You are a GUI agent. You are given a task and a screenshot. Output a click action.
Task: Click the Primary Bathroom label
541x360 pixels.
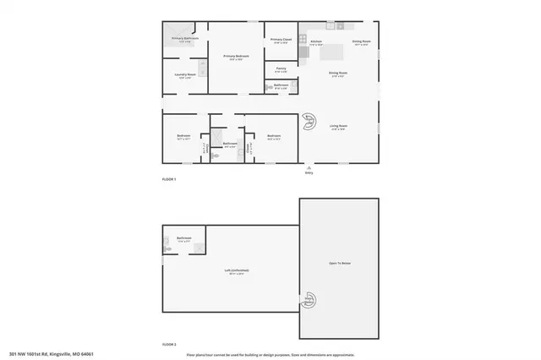pyautogui.click(x=184, y=39)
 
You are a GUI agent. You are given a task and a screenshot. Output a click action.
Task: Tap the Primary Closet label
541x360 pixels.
pyautogui.click(x=281, y=40)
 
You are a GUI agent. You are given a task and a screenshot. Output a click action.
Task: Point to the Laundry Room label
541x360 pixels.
pyautogui.click(x=185, y=75)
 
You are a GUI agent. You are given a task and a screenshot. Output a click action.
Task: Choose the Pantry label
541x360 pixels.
pyautogui.click(x=281, y=69)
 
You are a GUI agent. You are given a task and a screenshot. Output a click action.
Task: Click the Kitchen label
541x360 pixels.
pyautogui.click(x=316, y=41)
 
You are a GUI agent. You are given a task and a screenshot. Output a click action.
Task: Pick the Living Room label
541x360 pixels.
pyautogui.click(x=339, y=126)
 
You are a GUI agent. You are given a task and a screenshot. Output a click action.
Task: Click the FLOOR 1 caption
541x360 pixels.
pyautogui.click(x=170, y=180)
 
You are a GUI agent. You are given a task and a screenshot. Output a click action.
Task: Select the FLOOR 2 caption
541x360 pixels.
pyautogui.click(x=170, y=344)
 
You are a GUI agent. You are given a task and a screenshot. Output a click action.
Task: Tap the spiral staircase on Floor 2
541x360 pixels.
pyautogui.click(x=309, y=302)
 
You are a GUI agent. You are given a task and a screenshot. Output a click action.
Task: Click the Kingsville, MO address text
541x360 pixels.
pyautogui.click(x=50, y=354)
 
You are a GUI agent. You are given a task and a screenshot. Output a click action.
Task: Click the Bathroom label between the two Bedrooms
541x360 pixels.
pyautogui.click(x=230, y=144)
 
